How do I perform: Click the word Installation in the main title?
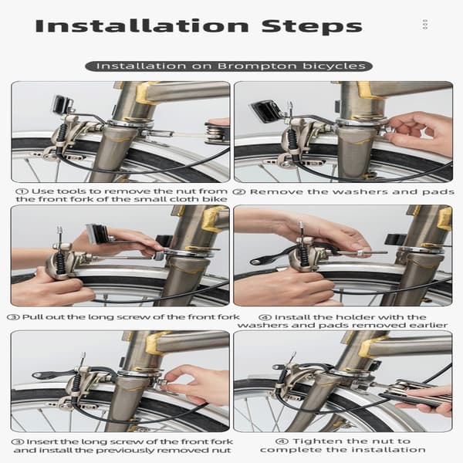click(142, 26)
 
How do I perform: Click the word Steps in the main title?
click(312, 27)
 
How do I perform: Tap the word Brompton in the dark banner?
click(257, 66)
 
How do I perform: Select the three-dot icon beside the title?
click(425, 24)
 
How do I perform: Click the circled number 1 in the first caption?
click(22, 191)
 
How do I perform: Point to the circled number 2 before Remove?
click(239, 192)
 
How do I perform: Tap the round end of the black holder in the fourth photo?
click(256, 262)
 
